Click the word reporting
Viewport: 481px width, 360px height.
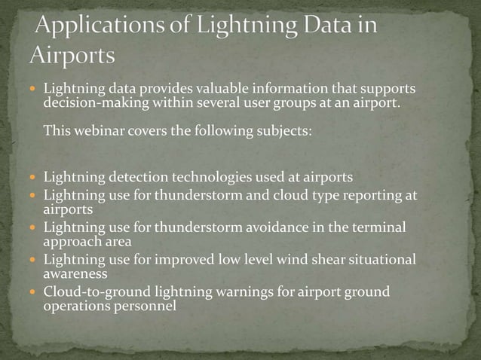point(372,195)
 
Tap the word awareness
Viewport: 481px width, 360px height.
point(74,274)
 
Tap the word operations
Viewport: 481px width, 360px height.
point(75,307)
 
